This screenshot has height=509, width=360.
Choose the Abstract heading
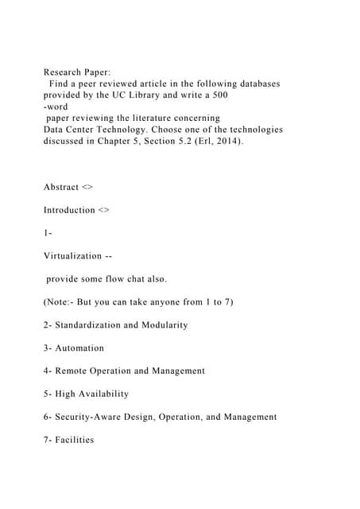(x=61, y=187)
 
